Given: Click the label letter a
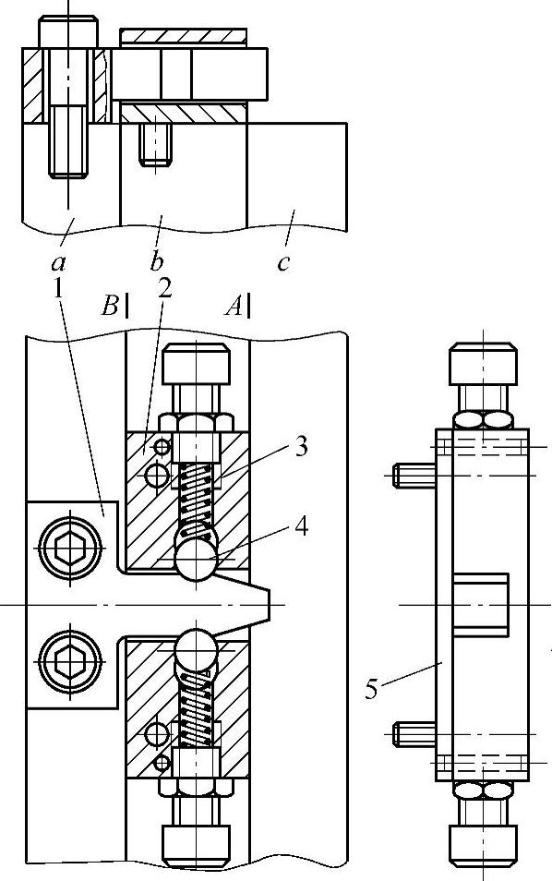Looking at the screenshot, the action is click(x=57, y=262).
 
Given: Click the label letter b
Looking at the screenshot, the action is click(x=157, y=260).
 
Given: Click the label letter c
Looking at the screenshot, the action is click(x=283, y=262).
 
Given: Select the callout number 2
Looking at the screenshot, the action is click(x=164, y=289).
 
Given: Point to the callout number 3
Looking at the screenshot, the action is click(x=301, y=447).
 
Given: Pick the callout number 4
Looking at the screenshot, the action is click(x=301, y=526).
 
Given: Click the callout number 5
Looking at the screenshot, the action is click(x=371, y=689).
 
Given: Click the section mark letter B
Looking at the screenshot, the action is click(x=110, y=307).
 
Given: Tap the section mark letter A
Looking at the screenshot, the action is click(x=234, y=307).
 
